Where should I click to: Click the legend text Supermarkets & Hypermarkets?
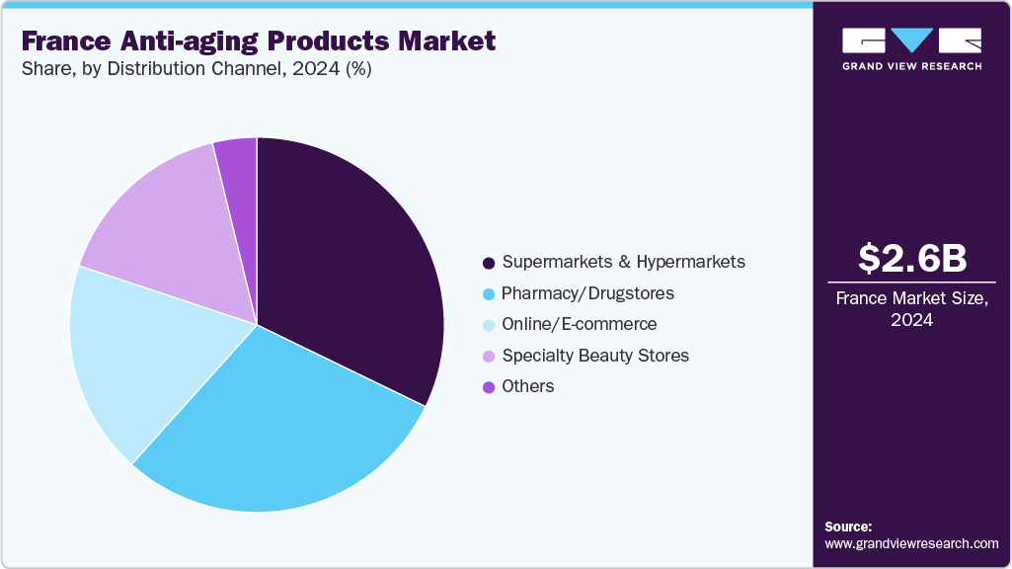623,262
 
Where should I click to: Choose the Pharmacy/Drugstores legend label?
587,293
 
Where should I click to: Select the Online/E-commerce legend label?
579,324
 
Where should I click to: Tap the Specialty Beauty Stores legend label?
595,355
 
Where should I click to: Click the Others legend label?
527,386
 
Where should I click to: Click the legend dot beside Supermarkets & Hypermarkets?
488,263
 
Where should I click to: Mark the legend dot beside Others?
488,387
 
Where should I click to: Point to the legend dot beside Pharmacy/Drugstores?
488,294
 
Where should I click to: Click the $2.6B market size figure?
911,258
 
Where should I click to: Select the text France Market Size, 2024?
911,308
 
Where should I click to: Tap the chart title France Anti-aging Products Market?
258,41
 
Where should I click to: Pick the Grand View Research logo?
911,48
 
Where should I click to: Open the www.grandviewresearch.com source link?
911,543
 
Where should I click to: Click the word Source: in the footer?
848,527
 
